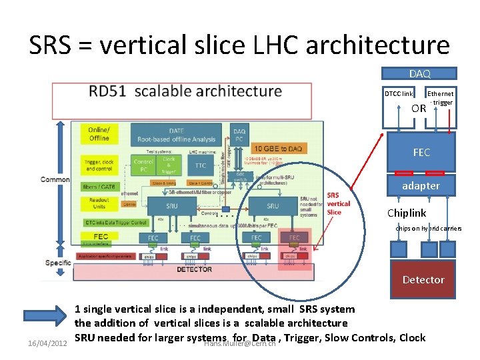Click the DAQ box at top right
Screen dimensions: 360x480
coord(419,73)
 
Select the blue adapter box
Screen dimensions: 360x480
coord(421,185)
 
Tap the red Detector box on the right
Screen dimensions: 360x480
coord(423,279)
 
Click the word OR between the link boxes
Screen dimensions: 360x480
coord(419,108)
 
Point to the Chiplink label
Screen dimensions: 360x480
coord(407,213)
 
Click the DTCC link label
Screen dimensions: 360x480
coord(399,94)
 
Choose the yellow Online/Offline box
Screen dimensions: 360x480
coord(99,133)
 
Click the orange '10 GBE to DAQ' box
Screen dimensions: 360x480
coord(276,147)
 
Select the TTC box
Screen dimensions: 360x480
coord(199,166)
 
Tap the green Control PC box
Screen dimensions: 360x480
coord(143,165)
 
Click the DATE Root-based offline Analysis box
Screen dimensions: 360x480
coord(176,135)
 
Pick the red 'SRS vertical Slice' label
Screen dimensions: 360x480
coord(338,203)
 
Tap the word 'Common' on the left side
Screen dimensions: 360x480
coord(55,179)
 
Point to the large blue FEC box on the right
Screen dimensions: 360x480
coord(421,152)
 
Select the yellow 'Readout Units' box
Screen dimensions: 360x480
coord(99,203)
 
